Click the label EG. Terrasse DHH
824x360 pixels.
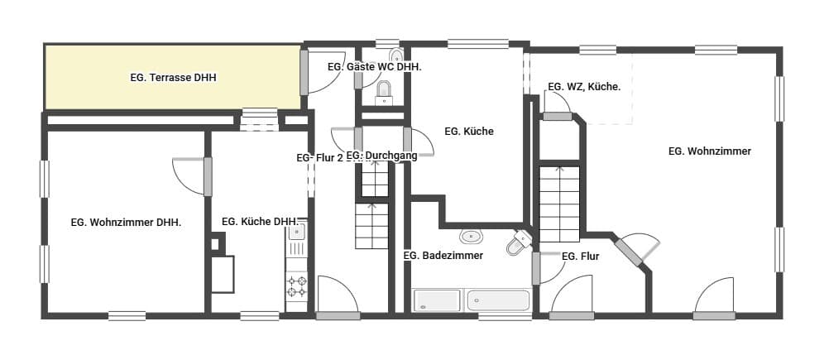[x=174, y=78]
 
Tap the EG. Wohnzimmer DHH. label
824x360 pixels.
[x=126, y=223]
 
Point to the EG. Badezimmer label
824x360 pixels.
[x=443, y=256]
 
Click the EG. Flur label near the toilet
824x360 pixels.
[x=580, y=257]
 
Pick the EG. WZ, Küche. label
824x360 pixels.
[x=584, y=87]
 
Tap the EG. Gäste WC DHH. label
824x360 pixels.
[x=375, y=67]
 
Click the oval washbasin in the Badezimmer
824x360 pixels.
[x=471, y=237]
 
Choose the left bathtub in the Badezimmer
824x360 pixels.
[x=437, y=300]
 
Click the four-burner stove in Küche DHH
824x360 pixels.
[x=296, y=286]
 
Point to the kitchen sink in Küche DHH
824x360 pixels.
[x=297, y=231]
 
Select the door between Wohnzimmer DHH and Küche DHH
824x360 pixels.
[x=192, y=176]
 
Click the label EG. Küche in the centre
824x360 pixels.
[x=469, y=132]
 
